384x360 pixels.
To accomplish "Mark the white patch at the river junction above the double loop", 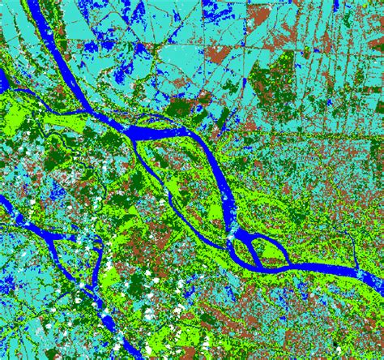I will point(233,235).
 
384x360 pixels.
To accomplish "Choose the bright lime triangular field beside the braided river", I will point(113,276).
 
